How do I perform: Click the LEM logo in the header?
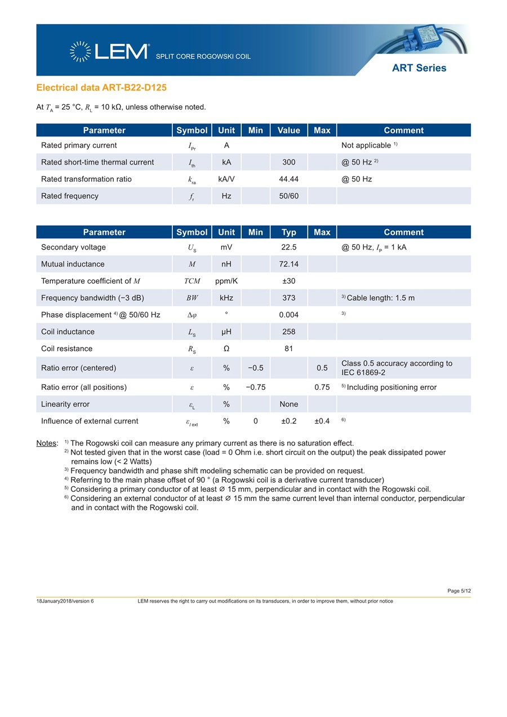(x=109, y=51)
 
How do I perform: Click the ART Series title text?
(x=419, y=68)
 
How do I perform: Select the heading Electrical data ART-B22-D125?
(x=101, y=88)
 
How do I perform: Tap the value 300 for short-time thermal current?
(x=288, y=162)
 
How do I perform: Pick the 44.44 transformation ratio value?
(x=288, y=179)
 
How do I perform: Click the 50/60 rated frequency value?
(x=288, y=196)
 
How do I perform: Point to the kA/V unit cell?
(x=226, y=179)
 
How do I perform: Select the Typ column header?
(x=288, y=232)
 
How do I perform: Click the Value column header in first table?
(x=288, y=130)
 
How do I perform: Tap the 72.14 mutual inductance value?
(x=288, y=264)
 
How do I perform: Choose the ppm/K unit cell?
(x=226, y=281)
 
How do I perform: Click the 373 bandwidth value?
(x=288, y=298)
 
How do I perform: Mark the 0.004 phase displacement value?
(x=288, y=315)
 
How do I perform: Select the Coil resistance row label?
(x=66, y=349)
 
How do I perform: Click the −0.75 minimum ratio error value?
(x=255, y=387)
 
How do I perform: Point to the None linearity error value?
(x=288, y=404)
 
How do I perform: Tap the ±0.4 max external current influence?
(x=322, y=421)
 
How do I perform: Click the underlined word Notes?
(x=47, y=443)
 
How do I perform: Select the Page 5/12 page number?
(x=459, y=590)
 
